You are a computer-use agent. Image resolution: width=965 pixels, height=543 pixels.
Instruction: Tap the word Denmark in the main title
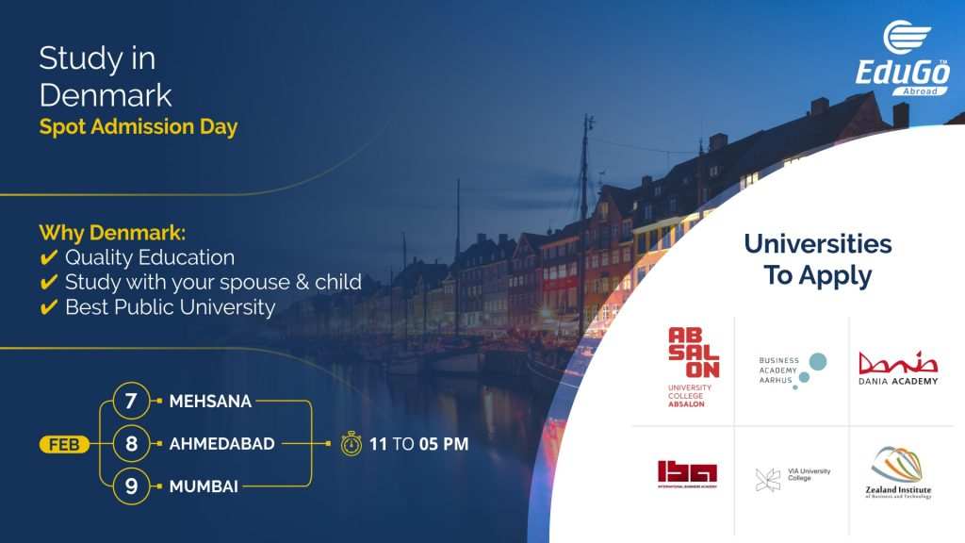tap(106, 94)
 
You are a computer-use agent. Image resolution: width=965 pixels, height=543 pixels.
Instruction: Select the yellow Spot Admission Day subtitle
tap(139, 126)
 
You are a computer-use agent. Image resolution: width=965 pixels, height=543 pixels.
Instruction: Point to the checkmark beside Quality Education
tap(48, 257)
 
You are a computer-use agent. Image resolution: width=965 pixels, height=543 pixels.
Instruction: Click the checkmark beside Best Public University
tap(48, 306)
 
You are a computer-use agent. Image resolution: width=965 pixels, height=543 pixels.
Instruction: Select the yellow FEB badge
tap(64, 443)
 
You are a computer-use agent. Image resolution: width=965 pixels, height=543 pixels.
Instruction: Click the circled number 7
tap(131, 401)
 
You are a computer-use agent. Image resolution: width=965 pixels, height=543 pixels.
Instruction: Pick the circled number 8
tap(131, 443)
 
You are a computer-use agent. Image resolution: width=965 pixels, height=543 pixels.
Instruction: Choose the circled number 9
tap(131, 486)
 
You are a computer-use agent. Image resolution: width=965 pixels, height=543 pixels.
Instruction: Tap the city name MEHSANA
tap(210, 402)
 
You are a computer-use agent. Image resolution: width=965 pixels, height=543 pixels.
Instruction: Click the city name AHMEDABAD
tap(222, 443)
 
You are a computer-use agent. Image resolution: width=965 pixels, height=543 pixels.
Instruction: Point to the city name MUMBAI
tap(204, 486)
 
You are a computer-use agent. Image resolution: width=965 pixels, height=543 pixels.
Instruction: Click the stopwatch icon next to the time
tap(351, 442)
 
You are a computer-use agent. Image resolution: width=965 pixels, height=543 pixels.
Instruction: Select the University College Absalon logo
tap(694, 368)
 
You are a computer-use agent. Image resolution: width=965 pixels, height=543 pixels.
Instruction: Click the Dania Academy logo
tap(898, 369)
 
